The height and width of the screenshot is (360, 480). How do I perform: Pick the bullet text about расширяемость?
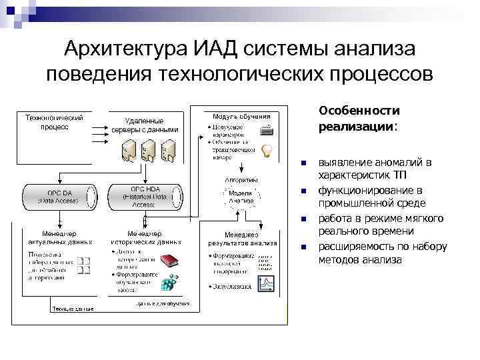pos(381,253)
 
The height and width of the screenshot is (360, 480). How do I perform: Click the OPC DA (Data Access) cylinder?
pos(56,196)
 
